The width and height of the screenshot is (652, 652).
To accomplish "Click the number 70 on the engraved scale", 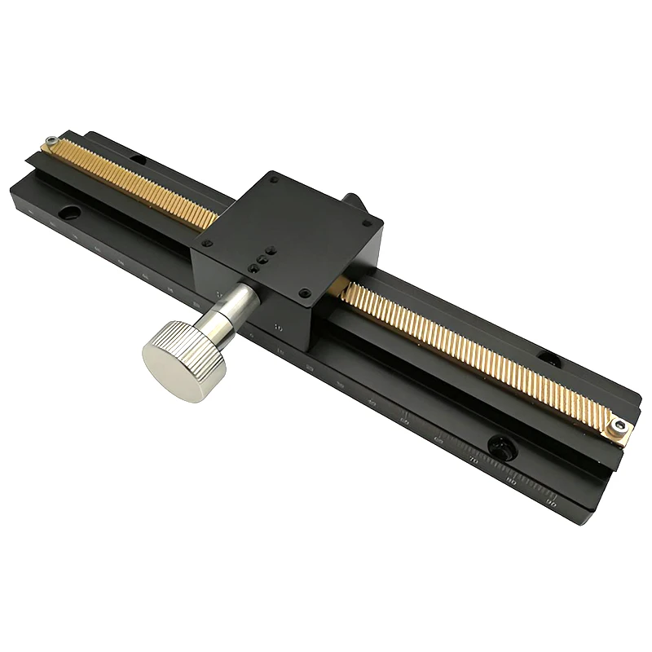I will click(x=474, y=461).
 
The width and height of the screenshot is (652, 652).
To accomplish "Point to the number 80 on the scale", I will click(x=512, y=483).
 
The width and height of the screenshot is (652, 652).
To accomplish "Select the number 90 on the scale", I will click(x=552, y=505).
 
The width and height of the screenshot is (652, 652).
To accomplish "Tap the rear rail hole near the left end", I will click(x=139, y=159).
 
